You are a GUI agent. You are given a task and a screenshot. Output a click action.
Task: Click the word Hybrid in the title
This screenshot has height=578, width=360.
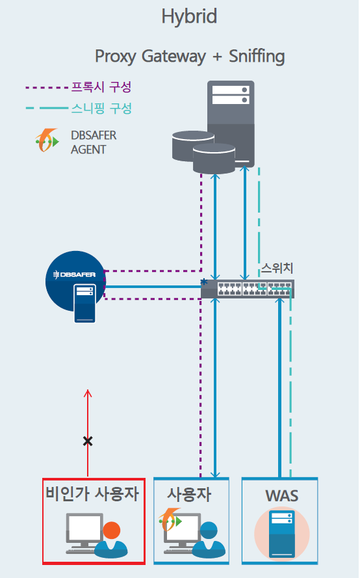coord(189,17)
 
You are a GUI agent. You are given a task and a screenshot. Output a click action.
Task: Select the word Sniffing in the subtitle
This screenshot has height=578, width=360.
coord(257,57)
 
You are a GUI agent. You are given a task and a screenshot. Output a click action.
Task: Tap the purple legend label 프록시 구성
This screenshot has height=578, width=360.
coord(101,87)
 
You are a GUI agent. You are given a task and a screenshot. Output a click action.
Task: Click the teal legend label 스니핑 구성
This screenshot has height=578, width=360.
coord(101,109)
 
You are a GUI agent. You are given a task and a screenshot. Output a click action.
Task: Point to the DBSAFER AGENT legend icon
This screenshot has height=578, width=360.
coord(47,140)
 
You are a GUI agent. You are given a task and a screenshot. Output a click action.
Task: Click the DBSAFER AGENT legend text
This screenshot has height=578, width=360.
coord(94,142)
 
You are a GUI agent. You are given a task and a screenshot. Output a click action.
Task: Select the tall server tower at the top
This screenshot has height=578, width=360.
coord(231,124)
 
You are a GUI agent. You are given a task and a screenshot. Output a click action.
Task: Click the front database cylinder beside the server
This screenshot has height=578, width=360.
coord(214,159)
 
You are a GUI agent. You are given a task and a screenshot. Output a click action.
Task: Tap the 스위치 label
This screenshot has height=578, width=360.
coord(277,268)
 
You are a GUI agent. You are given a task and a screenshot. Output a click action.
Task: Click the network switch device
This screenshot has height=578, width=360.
coord(248,289)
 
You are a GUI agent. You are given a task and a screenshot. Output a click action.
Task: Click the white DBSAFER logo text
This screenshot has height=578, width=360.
coord(75,274)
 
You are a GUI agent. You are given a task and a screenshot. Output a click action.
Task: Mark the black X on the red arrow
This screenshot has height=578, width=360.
coord(88,441)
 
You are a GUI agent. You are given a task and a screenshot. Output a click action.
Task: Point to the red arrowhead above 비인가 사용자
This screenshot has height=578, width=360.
coord(88,393)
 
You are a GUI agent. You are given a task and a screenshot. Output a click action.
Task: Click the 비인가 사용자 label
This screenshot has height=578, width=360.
coord(92,494)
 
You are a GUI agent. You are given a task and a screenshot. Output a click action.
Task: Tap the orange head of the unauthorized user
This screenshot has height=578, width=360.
coord(112,531)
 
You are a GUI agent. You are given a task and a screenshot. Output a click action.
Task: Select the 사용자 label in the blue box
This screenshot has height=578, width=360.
coord(189,494)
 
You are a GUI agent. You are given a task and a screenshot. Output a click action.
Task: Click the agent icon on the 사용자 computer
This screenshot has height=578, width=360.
coord(170,519)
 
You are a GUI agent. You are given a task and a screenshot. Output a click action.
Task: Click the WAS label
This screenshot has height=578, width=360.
coord(282,496)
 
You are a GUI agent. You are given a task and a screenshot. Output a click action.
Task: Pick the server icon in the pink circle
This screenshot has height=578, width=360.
coord(282,533)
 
